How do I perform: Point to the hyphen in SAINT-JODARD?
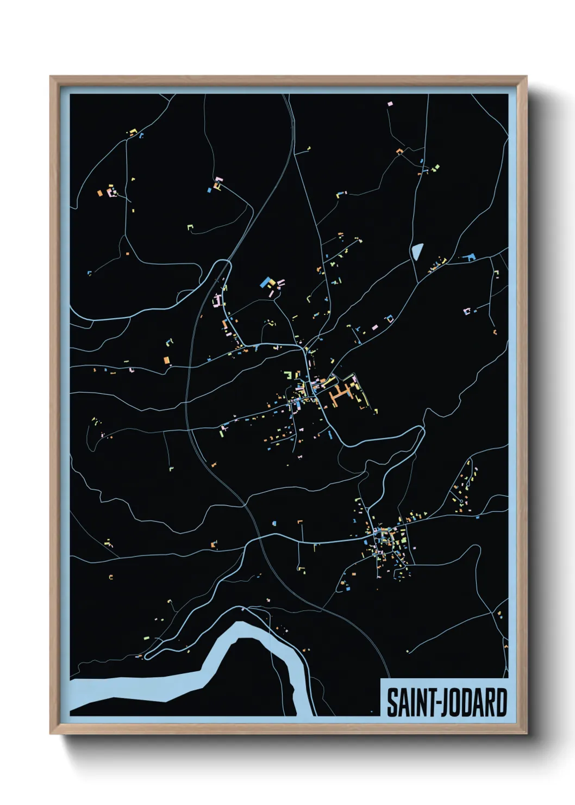point(432,703)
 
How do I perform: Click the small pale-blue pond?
point(417,252)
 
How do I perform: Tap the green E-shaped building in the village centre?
point(290,374)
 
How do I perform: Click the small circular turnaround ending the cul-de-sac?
point(461,500)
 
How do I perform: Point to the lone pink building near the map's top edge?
point(389,103)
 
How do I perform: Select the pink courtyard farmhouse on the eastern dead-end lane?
point(467,311)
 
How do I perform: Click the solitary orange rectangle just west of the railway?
point(167,360)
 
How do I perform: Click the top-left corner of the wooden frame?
point(51,77)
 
